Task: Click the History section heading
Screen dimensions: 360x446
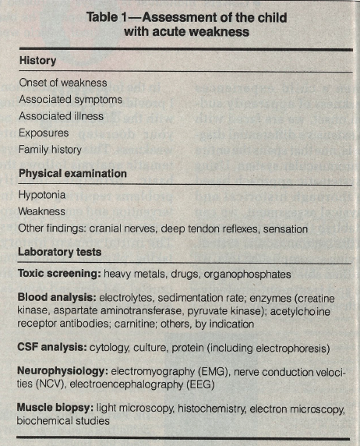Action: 37,60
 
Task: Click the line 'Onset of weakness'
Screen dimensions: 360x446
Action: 63,83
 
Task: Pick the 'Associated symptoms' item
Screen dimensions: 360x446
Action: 70,99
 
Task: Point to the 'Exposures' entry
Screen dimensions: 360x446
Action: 45,133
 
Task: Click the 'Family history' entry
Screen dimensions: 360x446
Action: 51,149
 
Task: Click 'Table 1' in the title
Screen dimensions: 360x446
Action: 136,17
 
